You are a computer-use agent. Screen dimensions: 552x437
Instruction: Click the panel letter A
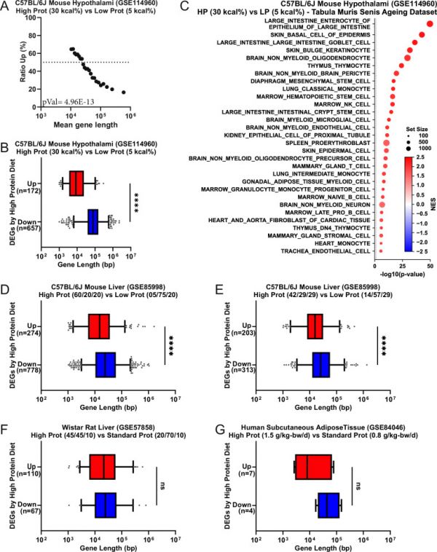[x=5, y=7]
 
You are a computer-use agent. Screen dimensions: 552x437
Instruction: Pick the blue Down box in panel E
[x=321, y=365]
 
